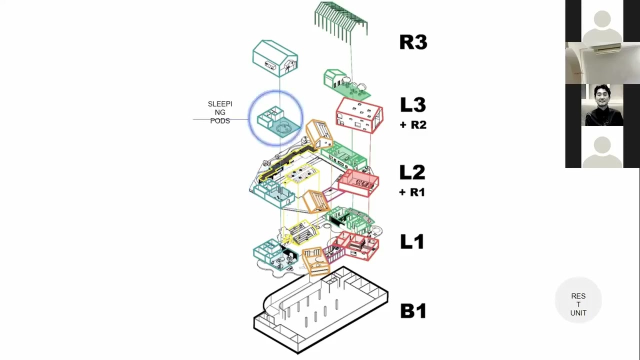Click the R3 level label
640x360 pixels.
point(413,42)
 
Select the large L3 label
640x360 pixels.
point(412,105)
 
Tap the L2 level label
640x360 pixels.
point(412,172)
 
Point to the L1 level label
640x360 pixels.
point(412,242)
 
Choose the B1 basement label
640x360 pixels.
point(413,310)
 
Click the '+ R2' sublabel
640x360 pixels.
point(413,125)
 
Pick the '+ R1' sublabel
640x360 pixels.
point(412,192)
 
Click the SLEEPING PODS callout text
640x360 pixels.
point(220,112)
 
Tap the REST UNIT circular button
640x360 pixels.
point(578,304)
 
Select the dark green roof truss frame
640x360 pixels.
point(341,20)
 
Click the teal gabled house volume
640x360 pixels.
point(275,58)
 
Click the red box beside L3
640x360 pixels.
point(359,115)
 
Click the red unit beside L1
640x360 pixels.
point(356,245)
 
